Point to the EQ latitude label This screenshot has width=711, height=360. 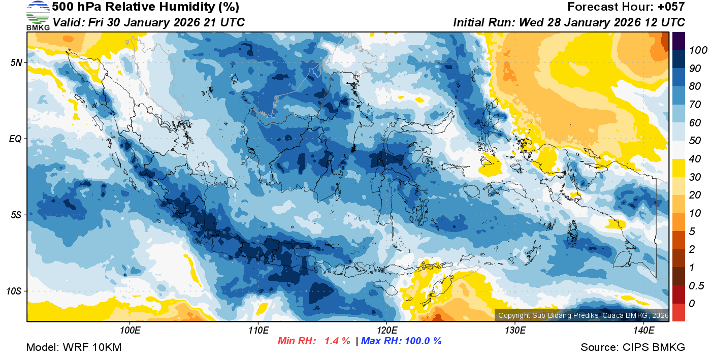point(16,139)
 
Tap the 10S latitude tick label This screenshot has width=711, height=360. point(14,291)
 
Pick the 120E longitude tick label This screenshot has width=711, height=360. point(386,331)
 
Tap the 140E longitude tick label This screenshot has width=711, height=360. point(643,331)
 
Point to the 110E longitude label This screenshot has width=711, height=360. point(258,331)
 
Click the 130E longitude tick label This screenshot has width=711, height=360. point(515,331)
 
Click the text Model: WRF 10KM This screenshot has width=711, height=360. point(74,348)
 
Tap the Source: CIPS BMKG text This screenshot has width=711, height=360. point(633,348)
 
